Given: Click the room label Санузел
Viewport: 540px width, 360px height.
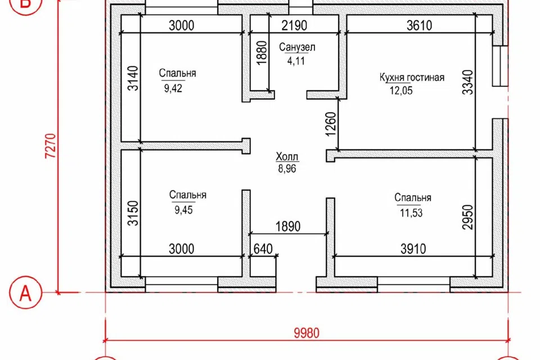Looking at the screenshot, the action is click(x=297, y=47).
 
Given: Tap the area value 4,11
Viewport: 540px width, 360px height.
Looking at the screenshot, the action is click(x=296, y=61).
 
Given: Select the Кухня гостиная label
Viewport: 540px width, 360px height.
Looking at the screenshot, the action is click(x=412, y=77).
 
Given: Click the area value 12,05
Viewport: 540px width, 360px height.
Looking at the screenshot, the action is click(x=401, y=91).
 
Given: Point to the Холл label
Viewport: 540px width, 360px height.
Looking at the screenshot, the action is click(x=287, y=156).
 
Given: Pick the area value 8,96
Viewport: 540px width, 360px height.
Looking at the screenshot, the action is click(x=287, y=169).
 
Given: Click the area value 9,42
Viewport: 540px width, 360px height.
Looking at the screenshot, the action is click(x=173, y=88).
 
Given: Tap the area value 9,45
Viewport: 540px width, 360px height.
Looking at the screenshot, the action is click(x=183, y=210).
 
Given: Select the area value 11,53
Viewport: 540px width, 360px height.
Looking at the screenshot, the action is click(x=411, y=213).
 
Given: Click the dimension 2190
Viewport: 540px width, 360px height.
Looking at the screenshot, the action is click(x=294, y=25).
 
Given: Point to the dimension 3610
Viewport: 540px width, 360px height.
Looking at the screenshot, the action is click(x=419, y=25).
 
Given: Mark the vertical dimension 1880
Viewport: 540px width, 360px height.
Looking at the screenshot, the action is click(x=262, y=53).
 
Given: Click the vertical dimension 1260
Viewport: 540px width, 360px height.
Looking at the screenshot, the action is click(x=331, y=124).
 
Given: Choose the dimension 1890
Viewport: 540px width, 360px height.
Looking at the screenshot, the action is click(x=288, y=226).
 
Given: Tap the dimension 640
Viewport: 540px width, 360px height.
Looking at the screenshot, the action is click(x=263, y=249).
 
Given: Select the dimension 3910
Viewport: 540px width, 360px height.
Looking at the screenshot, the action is click(x=413, y=249).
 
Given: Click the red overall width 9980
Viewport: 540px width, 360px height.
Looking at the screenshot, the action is click(x=307, y=333).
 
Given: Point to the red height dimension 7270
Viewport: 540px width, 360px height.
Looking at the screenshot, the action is click(x=50, y=146).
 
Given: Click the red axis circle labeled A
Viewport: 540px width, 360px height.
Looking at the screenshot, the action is click(x=25, y=293).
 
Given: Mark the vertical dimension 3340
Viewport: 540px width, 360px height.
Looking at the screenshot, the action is click(x=467, y=82).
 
